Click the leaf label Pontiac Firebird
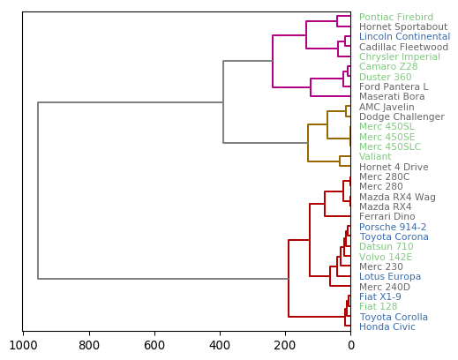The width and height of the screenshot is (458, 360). tap(396, 18)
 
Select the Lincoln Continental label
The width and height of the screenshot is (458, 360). tap(404, 37)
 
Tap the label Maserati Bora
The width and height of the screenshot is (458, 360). tap(392, 97)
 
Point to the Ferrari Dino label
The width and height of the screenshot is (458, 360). tap(387, 217)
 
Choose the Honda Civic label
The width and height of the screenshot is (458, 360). tap(387, 327)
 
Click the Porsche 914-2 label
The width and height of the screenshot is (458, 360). tap(393, 228)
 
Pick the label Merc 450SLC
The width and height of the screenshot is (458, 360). tap(390, 147)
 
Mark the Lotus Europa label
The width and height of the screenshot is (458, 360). tap(390, 277)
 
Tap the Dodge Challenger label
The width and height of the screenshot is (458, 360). tap(402, 117)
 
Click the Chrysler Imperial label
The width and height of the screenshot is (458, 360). tap(400, 57)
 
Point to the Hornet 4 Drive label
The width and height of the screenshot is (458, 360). tap(394, 168)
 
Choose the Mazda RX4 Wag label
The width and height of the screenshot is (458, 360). tap(397, 198)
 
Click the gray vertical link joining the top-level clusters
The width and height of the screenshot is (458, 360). tap(38, 191)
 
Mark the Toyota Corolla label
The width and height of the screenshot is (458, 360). tap(394, 318)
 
